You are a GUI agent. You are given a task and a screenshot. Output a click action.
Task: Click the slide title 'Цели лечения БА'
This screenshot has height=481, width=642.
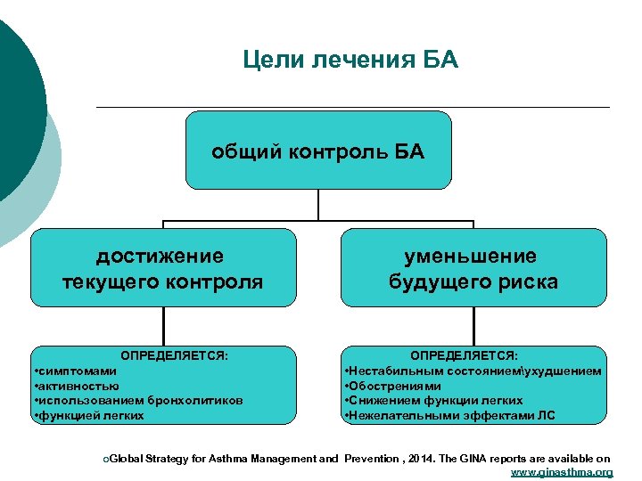(x=350, y=61)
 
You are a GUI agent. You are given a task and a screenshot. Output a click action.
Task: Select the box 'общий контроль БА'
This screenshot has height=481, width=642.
(x=318, y=151)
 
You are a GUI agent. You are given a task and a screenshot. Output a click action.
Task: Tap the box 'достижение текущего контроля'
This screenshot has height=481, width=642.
(x=162, y=269)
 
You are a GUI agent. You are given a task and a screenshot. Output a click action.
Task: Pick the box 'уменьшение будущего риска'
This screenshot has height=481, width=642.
(x=473, y=269)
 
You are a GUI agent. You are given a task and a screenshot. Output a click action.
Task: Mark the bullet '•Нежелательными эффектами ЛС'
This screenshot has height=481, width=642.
(x=449, y=415)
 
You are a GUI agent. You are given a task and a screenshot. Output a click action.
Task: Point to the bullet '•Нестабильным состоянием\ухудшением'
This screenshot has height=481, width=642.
(x=473, y=371)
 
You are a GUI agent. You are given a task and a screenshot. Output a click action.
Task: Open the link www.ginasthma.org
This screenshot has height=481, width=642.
(x=561, y=472)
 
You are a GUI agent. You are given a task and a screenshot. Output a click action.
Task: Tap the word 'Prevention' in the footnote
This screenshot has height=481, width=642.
(x=369, y=459)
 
